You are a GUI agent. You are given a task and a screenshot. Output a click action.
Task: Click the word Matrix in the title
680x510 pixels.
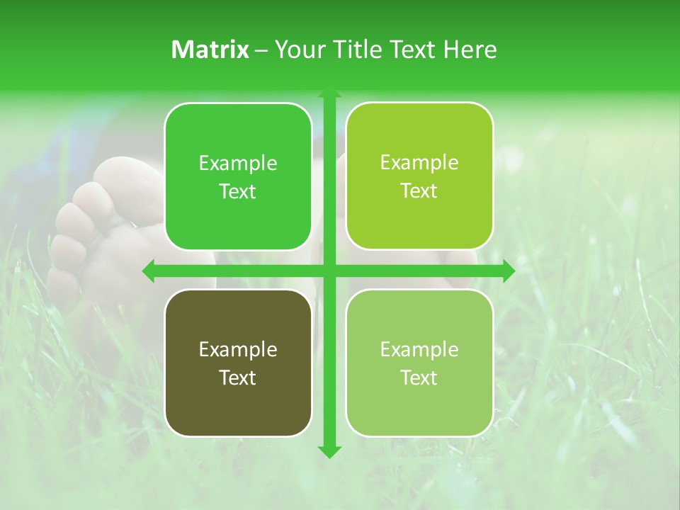pyautogui.click(x=210, y=50)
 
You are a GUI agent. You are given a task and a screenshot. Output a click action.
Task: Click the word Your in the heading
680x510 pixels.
pyautogui.click(x=301, y=50)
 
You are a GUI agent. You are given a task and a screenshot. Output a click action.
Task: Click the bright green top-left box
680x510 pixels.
pyautogui.click(x=238, y=177)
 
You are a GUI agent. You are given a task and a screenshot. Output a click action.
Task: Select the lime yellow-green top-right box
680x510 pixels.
pyautogui.click(x=419, y=176)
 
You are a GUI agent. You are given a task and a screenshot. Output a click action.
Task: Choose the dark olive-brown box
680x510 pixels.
pyautogui.click(x=238, y=363)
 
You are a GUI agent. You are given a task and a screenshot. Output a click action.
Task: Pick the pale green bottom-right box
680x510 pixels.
pyautogui.click(x=419, y=363)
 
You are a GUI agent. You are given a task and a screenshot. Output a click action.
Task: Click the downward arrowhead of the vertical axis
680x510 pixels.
pyautogui.click(x=329, y=451)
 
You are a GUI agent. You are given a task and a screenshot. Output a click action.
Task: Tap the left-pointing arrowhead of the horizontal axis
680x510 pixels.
pyautogui.click(x=149, y=271)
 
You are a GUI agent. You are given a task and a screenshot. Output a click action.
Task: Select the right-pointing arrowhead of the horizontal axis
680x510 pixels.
pyautogui.click(x=508, y=271)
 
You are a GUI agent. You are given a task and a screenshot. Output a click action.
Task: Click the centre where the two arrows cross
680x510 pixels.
pyautogui.click(x=329, y=271)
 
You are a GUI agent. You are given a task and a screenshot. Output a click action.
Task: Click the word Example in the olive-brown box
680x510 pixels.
pyautogui.click(x=238, y=349)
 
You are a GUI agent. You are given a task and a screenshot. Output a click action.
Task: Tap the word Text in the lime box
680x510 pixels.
pyautogui.click(x=419, y=191)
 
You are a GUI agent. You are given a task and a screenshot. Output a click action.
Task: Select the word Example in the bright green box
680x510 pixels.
pyautogui.click(x=238, y=164)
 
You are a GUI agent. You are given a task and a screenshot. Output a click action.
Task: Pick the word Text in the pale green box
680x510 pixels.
pyautogui.click(x=419, y=378)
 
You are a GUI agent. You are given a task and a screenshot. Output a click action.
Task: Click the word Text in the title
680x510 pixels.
pyautogui.click(x=415, y=50)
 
